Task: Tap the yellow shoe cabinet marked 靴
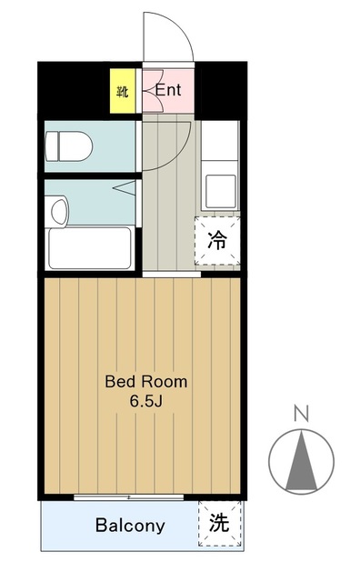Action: (x=122, y=91)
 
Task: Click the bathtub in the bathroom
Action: (x=89, y=247)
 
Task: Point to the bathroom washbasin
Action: (x=58, y=211)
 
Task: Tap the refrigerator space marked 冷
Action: (x=218, y=241)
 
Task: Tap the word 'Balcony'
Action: (x=131, y=526)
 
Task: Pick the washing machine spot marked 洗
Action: (x=220, y=524)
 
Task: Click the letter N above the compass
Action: (x=301, y=415)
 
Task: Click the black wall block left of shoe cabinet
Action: (x=73, y=87)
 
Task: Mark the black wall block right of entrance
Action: (x=222, y=87)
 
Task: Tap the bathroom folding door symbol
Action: (x=125, y=187)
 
